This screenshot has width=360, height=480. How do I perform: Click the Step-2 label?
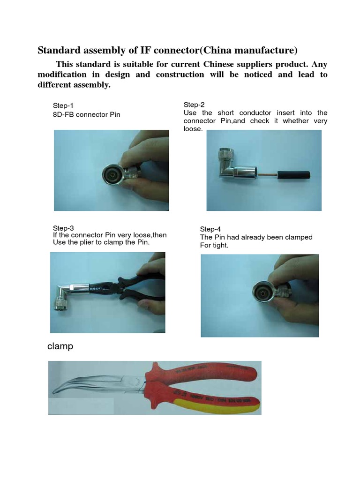[194, 105]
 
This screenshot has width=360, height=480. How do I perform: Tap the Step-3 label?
[63, 228]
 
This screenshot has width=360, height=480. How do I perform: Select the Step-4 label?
[210, 229]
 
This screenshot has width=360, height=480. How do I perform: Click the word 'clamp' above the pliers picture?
[60, 346]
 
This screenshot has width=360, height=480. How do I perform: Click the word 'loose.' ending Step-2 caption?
[193, 128]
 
